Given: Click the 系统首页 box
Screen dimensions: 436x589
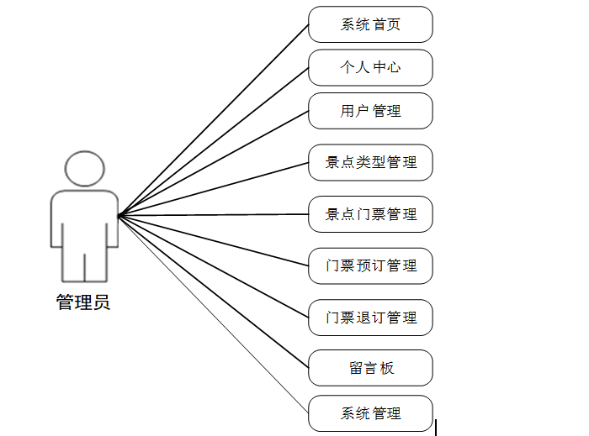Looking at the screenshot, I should [x=370, y=24].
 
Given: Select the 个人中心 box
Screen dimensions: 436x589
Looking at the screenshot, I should [x=370, y=67].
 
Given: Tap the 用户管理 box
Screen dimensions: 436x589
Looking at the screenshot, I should [x=370, y=111].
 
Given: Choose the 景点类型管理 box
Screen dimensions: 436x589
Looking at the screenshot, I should [x=370, y=162].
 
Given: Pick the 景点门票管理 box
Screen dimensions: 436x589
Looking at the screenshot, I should [x=370, y=214].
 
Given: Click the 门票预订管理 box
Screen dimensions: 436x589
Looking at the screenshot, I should [x=370, y=265].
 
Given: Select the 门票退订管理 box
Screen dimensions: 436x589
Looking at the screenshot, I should [x=370, y=318].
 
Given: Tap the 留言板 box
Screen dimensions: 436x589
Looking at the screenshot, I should [x=370, y=368].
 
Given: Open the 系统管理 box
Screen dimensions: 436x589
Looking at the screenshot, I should [x=370, y=413].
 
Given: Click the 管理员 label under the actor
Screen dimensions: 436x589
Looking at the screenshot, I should [x=83, y=302].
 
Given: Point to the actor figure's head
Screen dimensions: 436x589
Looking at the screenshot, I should [x=84, y=169].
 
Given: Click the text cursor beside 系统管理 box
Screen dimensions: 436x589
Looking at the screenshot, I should [x=436, y=428].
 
